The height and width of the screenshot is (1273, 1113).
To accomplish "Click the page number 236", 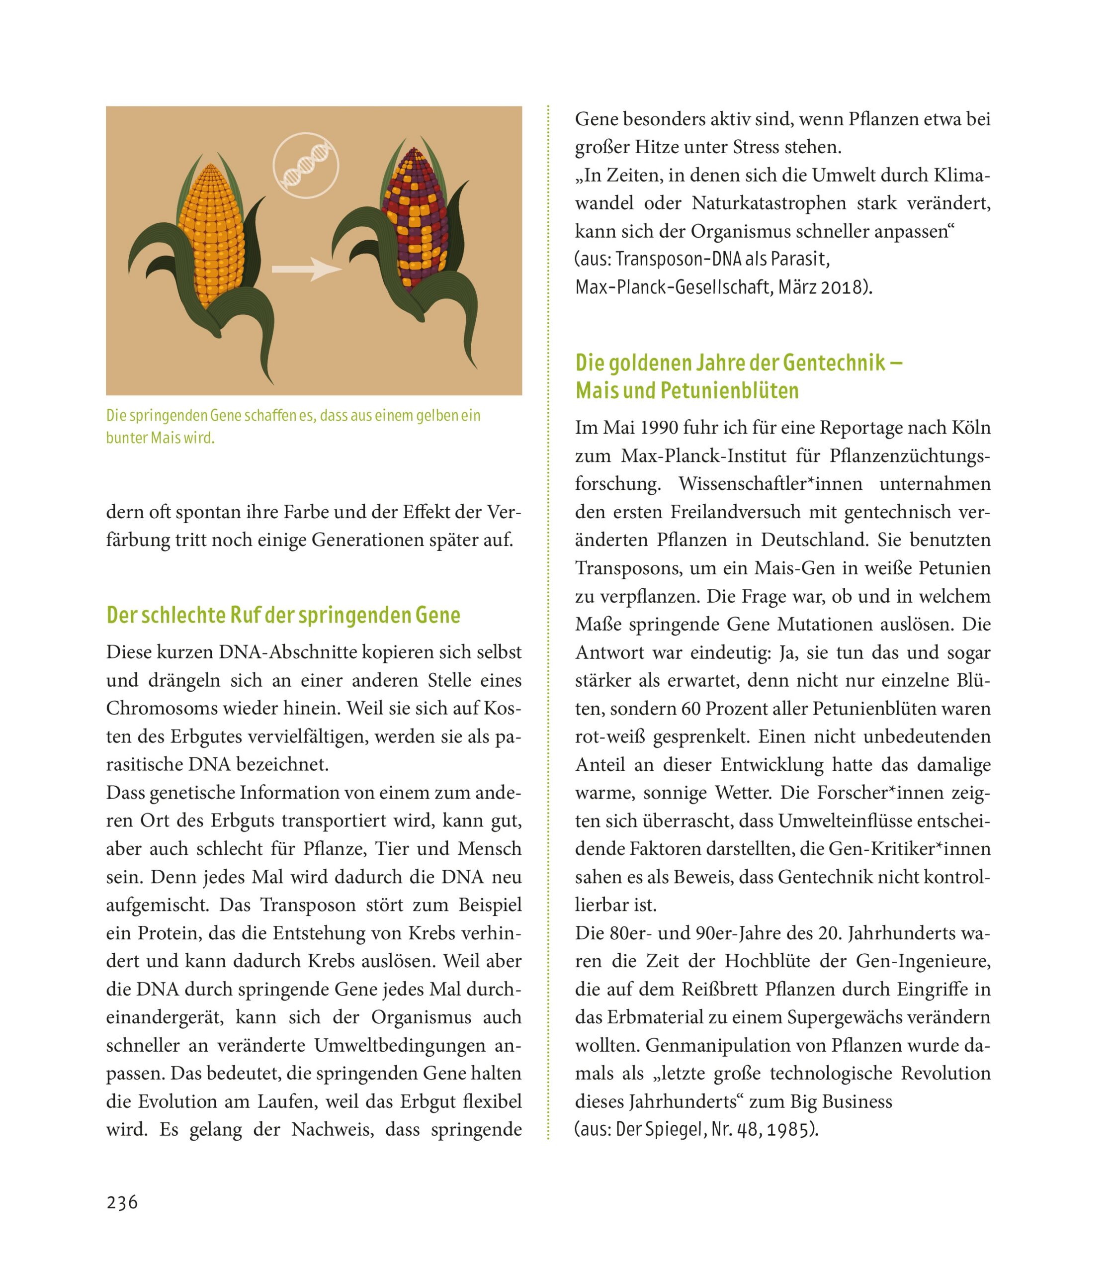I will click(122, 1203).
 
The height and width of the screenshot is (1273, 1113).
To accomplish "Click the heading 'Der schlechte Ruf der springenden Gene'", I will click(283, 615).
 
